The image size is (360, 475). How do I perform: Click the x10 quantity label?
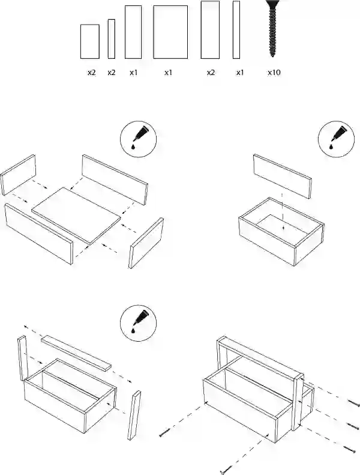274,73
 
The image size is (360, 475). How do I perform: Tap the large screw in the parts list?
273,28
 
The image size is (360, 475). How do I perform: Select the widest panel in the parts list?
170,32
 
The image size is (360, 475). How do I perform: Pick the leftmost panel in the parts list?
90,41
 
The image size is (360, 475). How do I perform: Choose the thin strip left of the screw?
236,29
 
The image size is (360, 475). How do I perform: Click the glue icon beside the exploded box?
139,139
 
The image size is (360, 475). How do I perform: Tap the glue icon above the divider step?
336,139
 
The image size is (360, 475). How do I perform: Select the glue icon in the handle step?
139,323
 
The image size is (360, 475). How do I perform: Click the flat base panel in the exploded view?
76,215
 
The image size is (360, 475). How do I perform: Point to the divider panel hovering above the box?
283,177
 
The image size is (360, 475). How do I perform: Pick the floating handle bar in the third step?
76,353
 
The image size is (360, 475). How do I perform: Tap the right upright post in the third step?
134,416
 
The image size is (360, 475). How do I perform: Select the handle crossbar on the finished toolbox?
260,357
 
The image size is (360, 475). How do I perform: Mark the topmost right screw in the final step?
354,403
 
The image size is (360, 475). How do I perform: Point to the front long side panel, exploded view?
39,234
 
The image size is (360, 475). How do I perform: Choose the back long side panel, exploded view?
115,180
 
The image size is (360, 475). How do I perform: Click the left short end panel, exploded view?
19,175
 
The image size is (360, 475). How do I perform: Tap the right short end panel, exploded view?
146,243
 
